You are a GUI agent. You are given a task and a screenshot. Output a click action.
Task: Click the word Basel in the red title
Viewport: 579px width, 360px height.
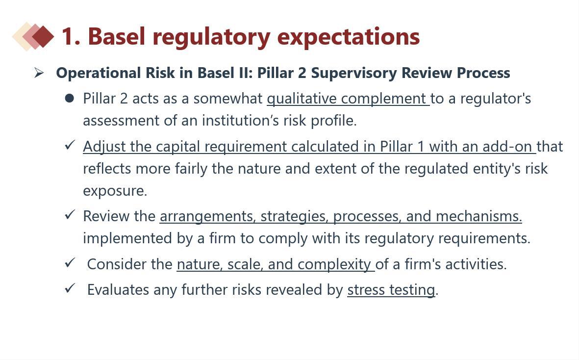pos(116,37)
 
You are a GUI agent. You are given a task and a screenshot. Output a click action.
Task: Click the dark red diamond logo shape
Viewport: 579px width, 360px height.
pos(43,37)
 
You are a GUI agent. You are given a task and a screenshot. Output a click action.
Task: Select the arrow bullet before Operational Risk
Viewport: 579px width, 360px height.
pos(38,73)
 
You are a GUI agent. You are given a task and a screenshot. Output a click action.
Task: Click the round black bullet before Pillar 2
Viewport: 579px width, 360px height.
pos(69,98)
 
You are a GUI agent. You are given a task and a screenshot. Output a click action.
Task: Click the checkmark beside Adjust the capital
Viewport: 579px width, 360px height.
pos(70,145)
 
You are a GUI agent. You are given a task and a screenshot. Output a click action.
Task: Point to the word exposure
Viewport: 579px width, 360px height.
pos(115,191)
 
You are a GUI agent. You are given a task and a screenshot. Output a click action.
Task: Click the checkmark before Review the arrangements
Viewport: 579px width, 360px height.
pos(70,214)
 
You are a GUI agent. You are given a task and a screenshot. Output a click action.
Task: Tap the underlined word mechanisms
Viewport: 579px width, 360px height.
pos(479,216)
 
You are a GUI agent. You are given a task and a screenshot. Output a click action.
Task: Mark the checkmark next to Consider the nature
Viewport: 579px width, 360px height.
pos(70,262)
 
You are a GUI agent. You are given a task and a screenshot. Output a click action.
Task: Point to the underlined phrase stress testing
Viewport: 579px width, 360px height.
pos(391,290)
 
